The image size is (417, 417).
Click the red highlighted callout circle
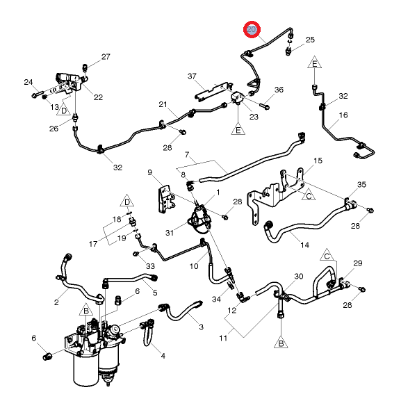[252, 30]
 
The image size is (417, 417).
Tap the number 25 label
[310, 40]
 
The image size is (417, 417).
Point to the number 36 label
[279, 90]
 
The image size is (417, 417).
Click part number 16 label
[343, 115]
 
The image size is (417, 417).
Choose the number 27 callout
[106, 57]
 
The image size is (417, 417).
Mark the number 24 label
[28, 82]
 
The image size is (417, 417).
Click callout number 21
[163, 105]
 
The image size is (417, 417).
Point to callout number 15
[318, 161]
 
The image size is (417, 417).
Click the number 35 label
[361, 185]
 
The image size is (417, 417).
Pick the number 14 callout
[304, 245]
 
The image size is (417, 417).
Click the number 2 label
[56, 302]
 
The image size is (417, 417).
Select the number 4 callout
[163, 356]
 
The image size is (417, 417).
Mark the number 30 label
[299, 277]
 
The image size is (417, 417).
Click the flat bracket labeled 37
[211, 90]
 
